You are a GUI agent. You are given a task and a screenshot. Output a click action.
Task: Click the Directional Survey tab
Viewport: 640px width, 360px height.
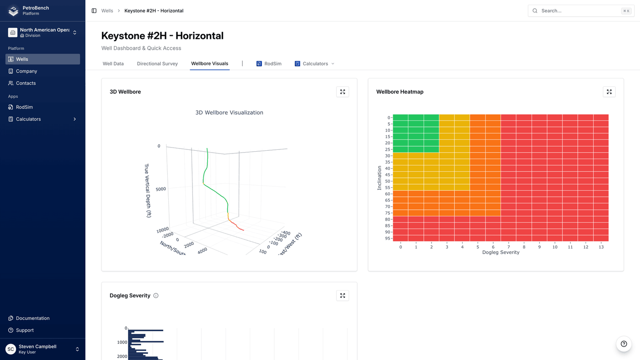(157, 64)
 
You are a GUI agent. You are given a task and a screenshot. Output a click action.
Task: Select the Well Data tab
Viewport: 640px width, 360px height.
(113, 64)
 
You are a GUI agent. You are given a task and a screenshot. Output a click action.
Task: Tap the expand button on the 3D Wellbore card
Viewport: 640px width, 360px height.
(342, 92)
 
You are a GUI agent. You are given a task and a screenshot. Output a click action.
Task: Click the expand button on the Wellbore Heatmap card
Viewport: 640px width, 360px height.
(609, 92)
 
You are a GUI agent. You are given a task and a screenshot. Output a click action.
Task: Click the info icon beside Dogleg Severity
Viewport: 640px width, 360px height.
(156, 296)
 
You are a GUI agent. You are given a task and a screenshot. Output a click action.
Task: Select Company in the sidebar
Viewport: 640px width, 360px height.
(27, 71)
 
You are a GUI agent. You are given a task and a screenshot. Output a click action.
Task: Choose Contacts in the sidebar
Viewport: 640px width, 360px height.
(26, 83)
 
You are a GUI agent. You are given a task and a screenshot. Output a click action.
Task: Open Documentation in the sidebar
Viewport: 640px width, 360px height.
(32, 318)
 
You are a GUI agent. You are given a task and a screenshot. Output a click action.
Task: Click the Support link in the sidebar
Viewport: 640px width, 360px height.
(25, 330)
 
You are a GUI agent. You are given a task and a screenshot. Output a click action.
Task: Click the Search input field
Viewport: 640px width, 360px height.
(578, 11)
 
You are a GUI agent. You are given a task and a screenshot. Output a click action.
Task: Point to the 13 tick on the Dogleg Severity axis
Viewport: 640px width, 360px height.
(601, 247)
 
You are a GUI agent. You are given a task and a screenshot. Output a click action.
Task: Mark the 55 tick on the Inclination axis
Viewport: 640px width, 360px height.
(388, 188)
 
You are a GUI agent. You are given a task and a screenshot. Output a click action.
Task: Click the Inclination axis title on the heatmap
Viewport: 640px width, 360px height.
(379, 178)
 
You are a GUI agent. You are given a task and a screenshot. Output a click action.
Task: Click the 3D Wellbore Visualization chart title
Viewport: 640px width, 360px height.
(229, 112)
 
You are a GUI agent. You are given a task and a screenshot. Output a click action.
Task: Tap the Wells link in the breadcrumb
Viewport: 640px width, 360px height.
(107, 11)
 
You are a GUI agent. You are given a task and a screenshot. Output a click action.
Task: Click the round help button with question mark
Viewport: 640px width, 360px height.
(624, 344)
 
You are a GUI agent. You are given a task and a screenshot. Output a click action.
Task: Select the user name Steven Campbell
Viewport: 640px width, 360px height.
(37, 346)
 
